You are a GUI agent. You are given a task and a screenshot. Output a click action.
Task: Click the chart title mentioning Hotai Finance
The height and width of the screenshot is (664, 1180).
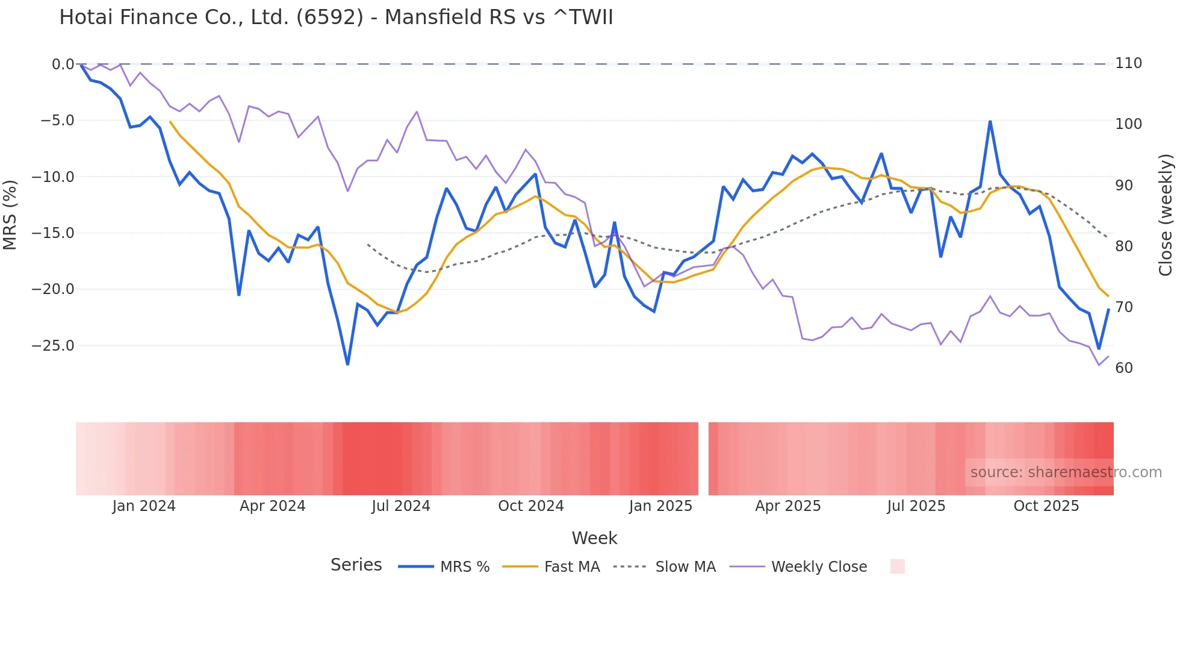[x=336, y=17]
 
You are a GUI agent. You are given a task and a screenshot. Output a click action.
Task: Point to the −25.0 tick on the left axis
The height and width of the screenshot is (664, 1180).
[x=53, y=346]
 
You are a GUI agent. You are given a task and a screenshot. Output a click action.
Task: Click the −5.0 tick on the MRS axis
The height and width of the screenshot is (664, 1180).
[x=58, y=121]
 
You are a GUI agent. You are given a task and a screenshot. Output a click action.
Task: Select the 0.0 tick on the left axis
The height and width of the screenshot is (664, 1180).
[x=63, y=64]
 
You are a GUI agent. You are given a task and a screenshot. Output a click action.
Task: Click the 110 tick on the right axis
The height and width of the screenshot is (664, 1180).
[x=1128, y=63]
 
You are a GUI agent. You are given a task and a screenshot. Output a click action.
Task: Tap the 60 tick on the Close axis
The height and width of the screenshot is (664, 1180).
[x=1124, y=368]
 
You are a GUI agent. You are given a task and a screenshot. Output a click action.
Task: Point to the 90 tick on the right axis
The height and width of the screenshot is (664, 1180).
[x=1124, y=186]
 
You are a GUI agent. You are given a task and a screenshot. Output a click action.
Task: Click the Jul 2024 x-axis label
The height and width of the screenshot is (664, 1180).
[x=401, y=506]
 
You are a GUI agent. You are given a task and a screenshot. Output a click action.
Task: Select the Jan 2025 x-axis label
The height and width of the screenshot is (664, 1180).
[x=660, y=506]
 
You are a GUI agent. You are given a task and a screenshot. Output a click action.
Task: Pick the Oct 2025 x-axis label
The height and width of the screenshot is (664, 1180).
[x=1046, y=506]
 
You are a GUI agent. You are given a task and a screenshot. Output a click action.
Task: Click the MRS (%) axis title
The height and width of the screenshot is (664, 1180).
[x=10, y=215]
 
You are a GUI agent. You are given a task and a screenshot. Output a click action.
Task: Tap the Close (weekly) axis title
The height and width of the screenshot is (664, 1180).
[x=1166, y=215]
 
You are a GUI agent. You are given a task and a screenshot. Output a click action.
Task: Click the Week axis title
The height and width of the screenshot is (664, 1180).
[x=594, y=538]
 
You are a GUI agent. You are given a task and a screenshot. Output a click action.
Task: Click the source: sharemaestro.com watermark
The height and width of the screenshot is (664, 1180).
[x=1066, y=472]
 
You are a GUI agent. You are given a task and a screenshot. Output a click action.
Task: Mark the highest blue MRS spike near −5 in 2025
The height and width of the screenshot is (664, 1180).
[x=990, y=122]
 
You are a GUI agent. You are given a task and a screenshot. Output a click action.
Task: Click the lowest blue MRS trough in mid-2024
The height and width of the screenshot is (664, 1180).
[x=347, y=364]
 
